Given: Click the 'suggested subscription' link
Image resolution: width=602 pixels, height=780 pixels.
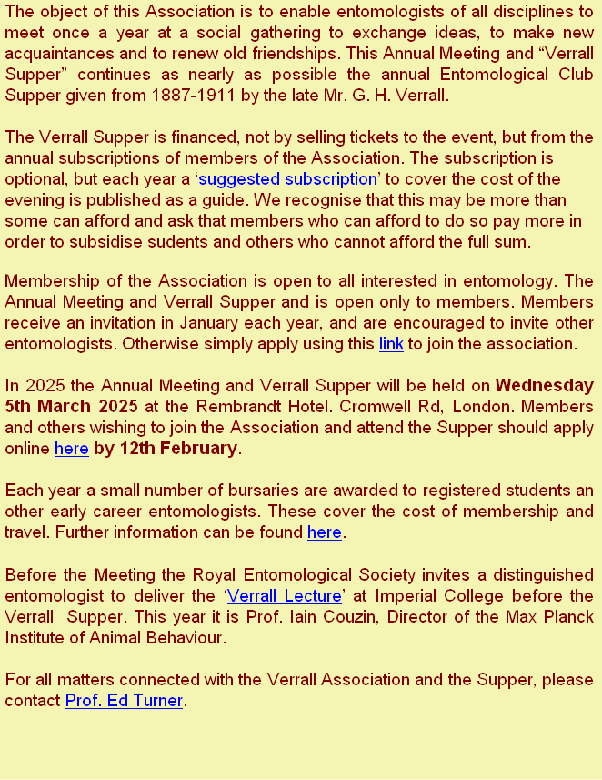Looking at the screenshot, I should pyautogui.click(x=287, y=179).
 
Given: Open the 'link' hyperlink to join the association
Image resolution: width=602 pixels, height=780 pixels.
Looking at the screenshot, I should pyautogui.click(x=390, y=344).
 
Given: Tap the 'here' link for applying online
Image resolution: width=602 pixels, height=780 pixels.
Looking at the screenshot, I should pyautogui.click(x=71, y=449).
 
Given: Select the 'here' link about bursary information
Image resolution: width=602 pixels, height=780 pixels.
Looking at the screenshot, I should pyautogui.click(x=324, y=532).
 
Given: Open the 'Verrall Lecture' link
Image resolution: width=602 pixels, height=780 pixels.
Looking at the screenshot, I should pyautogui.click(x=283, y=596).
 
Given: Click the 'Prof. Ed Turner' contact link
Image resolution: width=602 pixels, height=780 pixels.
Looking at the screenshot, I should pyautogui.click(x=124, y=701).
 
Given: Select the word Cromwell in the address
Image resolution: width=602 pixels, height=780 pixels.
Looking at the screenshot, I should pyautogui.click(x=394, y=407).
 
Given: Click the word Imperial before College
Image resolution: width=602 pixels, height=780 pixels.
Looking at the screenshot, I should pyautogui.click(x=435, y=596).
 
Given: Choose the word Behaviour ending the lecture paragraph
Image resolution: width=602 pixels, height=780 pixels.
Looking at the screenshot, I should pyautogui.click(x=185, y=638).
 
